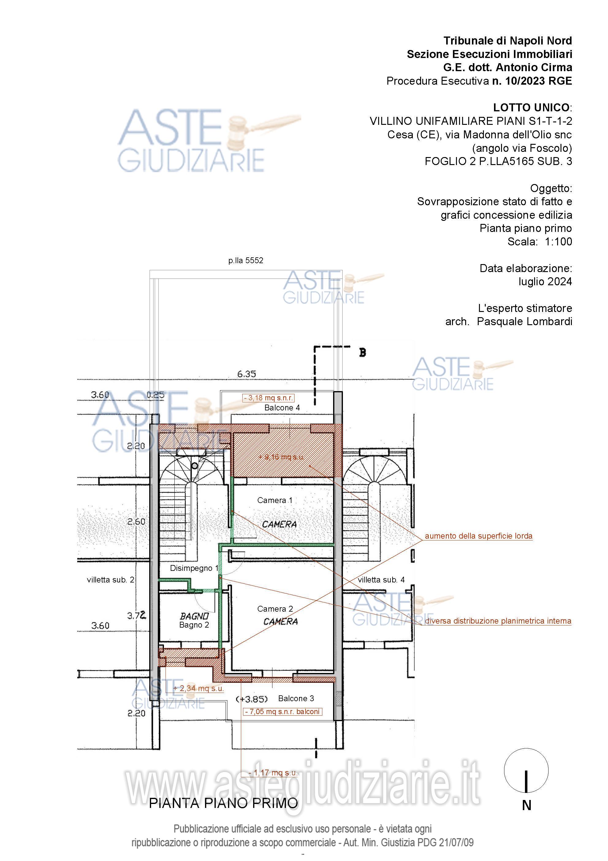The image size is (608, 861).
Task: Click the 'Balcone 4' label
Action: click(282, 408)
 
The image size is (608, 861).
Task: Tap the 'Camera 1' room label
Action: click(275, 500)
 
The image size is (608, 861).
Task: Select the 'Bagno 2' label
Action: click(194, 625)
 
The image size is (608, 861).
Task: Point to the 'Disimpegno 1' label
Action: click(194, 568)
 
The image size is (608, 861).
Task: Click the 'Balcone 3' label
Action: click(296, 698)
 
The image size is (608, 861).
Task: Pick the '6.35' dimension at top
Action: click(246, 374)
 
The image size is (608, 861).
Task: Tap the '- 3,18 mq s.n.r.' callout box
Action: click(268, 398)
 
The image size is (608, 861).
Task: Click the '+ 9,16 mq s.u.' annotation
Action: click(281, 457)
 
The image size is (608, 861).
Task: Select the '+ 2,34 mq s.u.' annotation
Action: click(199, 688)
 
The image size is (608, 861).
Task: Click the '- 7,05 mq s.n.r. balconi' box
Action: click(283, 711)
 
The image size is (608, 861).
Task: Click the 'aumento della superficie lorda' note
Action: click(478, 536)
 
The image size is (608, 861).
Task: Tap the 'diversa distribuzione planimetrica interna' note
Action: click(498, 621)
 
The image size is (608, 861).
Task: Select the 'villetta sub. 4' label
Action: click(381, 580)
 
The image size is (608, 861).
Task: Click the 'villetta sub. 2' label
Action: click(111, 580)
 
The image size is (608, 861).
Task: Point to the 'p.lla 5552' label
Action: click(246, 260)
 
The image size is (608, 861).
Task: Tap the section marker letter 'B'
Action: click(362, 352)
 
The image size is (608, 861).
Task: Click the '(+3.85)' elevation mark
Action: click(252, 699)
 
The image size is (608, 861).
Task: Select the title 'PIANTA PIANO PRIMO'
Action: click(223, 803)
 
